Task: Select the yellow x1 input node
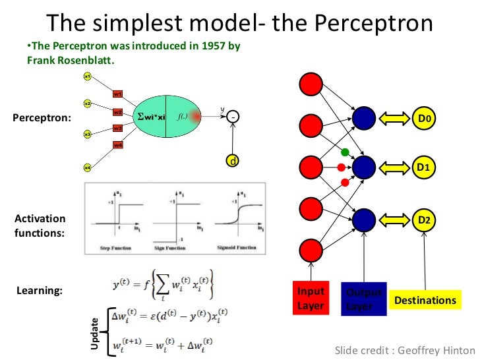click(x=87, y=76)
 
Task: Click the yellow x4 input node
click(x=87, y=168)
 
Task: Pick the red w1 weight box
click(x=118, y=94)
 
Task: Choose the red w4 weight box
click(x=118, y=145)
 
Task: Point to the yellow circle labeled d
click(x=232, y=161)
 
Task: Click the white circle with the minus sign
click(x=233, y=117)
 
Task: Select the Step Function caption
click(x=116, y=248)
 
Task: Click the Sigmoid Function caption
click(x=237, y=248)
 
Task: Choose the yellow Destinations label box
click(x=425, y=301)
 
